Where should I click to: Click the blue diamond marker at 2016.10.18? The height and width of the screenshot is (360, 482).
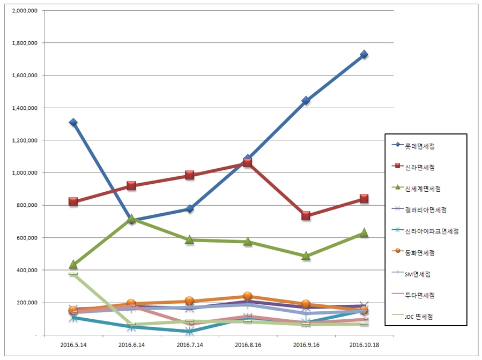(x=364, y=54)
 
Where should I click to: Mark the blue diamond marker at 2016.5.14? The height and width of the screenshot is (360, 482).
(x=73, y=123)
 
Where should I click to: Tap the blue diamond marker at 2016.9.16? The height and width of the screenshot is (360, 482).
(x=306, y=100)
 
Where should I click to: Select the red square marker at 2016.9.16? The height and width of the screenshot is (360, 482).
(x=306, y=215)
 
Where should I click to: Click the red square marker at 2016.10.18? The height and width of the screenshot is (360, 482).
(x=364, y=199)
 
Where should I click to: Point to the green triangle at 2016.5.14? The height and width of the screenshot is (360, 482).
(x=73, y=264)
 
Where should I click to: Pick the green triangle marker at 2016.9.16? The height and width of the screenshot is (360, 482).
(x=306, y=256)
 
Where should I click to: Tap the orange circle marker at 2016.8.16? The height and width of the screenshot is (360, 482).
(x=248, y=296)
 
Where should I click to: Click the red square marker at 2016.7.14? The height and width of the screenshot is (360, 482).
(x=189, y=175)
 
